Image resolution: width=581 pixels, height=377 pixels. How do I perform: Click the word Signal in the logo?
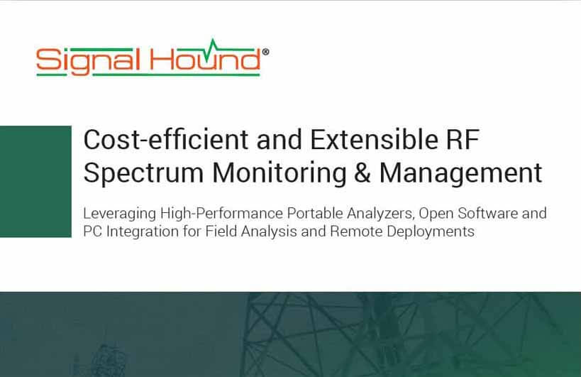click(x=88, y=61)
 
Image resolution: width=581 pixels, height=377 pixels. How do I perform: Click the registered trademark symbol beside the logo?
click(x=265, y=53)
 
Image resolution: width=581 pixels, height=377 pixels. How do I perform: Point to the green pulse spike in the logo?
click(x=213, y=45)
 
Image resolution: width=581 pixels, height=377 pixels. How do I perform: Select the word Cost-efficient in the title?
click(x=166, y=139)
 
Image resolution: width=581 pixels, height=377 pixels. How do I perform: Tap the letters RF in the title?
click(x=463, y=140)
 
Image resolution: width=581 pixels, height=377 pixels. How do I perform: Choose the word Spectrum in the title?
click(x=143, y=174)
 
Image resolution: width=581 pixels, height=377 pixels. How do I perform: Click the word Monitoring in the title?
click(x=280, y=173)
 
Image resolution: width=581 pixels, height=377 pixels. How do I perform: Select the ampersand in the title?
click(x=363, y=173)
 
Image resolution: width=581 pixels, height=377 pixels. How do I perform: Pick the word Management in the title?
click(x=460, y=173)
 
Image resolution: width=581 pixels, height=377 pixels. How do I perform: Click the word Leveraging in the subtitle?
click(x=120, y=214)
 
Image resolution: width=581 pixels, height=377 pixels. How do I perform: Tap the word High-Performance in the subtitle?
click(x=221, y=214)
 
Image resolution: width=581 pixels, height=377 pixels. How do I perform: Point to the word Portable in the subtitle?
click(x=315, y=213)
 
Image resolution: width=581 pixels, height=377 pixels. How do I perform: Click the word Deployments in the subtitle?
click(x=431, y=232)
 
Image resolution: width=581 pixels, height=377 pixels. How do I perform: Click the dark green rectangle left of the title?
click(x=35, y=182)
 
